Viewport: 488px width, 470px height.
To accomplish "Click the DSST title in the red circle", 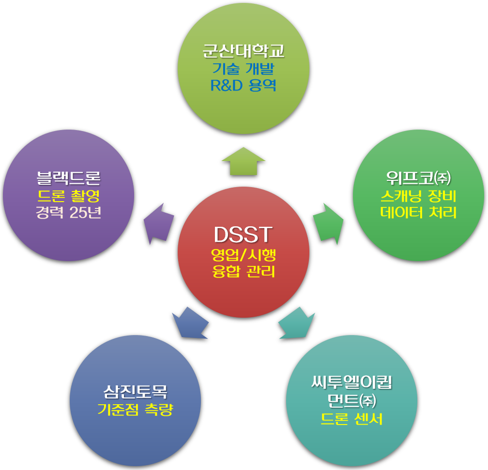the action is click(243, 235).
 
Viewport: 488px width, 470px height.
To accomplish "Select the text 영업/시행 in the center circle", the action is click(244, 255).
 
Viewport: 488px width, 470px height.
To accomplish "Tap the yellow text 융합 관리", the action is click(244, 271).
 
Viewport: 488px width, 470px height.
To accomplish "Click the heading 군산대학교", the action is click(244, 51).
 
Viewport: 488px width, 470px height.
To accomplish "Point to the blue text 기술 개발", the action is click(244, 69).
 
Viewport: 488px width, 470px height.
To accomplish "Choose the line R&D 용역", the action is click(244, 85).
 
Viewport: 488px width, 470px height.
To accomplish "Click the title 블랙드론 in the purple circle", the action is click(68, 178).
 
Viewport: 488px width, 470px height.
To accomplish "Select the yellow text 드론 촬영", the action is click(68, 196).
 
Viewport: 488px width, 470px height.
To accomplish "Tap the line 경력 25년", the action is click(68, 212).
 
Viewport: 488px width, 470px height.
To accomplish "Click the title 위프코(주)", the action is click(418, 178).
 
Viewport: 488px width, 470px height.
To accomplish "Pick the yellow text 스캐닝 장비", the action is click(418, 196).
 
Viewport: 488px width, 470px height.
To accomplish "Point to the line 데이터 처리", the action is click(418, 212).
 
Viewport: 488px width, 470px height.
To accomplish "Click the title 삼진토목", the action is click(136, 392).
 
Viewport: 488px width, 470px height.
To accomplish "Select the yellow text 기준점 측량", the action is click(136, 410).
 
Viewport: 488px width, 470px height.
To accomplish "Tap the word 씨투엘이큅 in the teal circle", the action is click(351, 382).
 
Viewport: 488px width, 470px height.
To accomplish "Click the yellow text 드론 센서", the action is click(351, 419).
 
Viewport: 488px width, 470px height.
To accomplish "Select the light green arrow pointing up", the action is click(244, 161).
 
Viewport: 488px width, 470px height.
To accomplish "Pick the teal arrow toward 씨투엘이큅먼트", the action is click(297, 323).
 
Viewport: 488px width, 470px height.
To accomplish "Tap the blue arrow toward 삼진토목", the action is click(190, 323).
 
